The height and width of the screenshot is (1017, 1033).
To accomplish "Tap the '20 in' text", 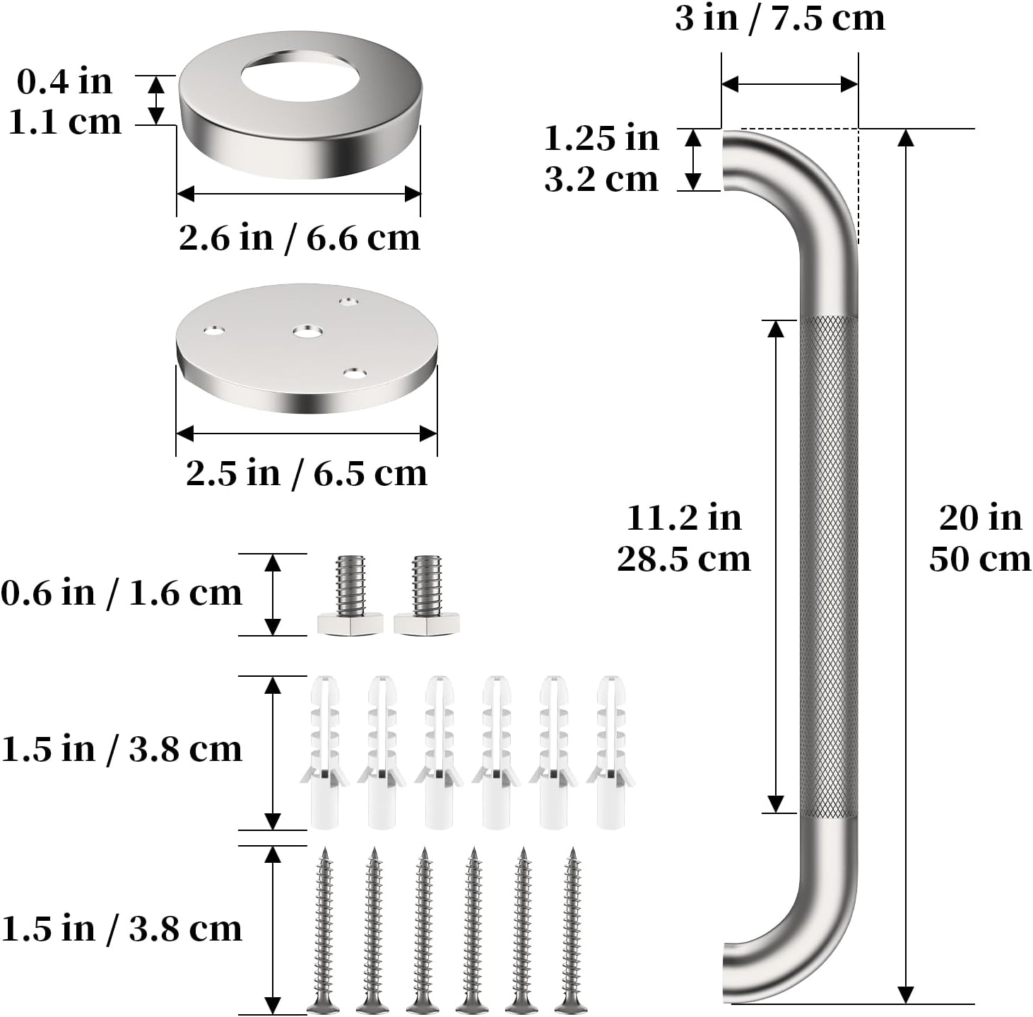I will click(x=980, y=518).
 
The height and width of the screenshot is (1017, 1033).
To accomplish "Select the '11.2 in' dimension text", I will click(x=683, y=518).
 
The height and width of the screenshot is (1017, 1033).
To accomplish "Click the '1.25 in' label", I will click(x=601, y=138).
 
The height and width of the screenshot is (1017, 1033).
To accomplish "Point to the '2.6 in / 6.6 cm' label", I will click(x=299, y=238).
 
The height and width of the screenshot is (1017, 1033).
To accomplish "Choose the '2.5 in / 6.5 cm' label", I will click(x=307, y=473).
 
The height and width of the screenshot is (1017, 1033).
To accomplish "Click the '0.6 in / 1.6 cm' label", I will click(x=122, y=593).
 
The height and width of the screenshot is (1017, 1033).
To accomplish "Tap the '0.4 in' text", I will click(x=64, y=81).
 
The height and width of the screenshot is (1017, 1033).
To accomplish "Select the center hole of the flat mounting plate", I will click(x=307, y=331).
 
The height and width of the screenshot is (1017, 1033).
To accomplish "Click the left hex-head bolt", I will click(x=349, y=595).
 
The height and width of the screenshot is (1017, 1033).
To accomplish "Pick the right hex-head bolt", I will click(x=426, y=595).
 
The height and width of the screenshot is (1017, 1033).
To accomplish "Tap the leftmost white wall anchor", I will click(x=325, y=753).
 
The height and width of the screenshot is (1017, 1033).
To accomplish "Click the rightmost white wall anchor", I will click(x=610, y=753).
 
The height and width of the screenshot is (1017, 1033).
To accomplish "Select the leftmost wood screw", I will click(x=324, y=930).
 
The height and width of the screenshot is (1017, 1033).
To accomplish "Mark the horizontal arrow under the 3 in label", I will click(x=789, y=84).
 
